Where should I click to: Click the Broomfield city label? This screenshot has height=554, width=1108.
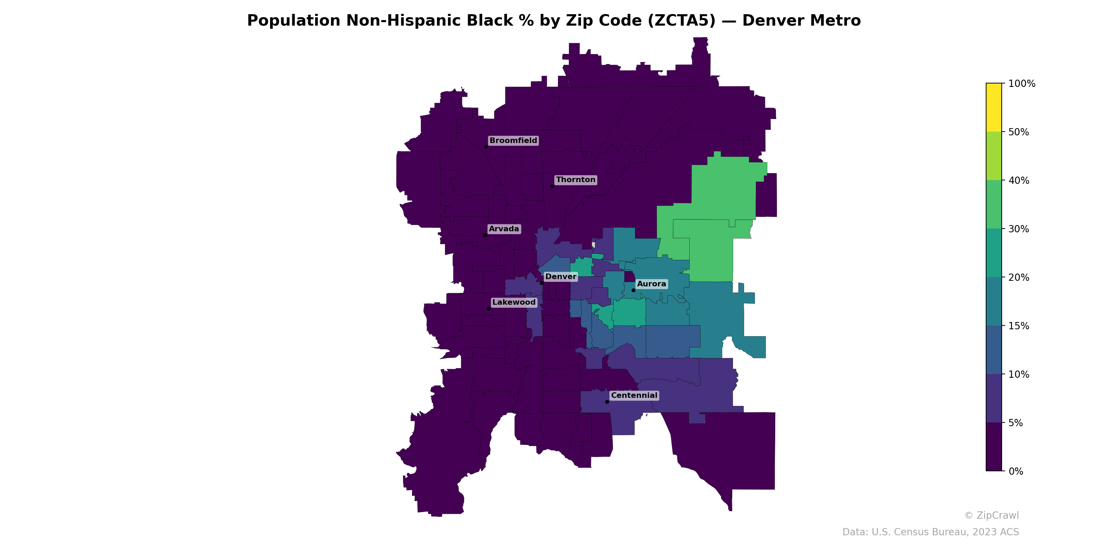[x=513, y=141]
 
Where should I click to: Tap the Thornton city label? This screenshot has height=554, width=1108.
[x=575, y=180]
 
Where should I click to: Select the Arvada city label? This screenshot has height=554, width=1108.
[x=504, y=229]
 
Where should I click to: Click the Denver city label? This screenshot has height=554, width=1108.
[x=561, y=277]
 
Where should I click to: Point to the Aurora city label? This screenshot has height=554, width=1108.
[x=651, y=284]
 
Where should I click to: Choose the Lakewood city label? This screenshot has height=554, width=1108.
[x=514, y=302]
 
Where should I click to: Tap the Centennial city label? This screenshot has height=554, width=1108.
[x=634, y=395]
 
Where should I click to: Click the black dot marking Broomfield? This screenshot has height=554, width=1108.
[x=485, y=147]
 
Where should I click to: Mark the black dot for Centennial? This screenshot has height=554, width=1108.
[x=607, y=402]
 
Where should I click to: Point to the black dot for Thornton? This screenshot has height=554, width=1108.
[x=552, y=186]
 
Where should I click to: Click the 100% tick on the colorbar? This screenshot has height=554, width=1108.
[x=1021, y=83]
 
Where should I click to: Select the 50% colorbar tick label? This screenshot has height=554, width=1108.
[x=1019, y=132]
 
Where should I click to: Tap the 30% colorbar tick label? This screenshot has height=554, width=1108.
[x=1019, y=229]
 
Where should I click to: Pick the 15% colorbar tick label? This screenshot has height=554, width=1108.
[x=1019, y=326]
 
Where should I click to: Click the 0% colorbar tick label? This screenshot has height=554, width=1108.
[x=1016, y=471]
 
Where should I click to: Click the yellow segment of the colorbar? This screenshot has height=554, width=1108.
[x=994, y=108]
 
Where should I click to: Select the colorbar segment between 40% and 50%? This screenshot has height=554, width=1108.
[x=994, y=156]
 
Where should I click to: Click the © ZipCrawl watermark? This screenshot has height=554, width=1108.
[x=991, y=515]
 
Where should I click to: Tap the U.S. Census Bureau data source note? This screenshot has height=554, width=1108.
[x=930, y=532]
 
